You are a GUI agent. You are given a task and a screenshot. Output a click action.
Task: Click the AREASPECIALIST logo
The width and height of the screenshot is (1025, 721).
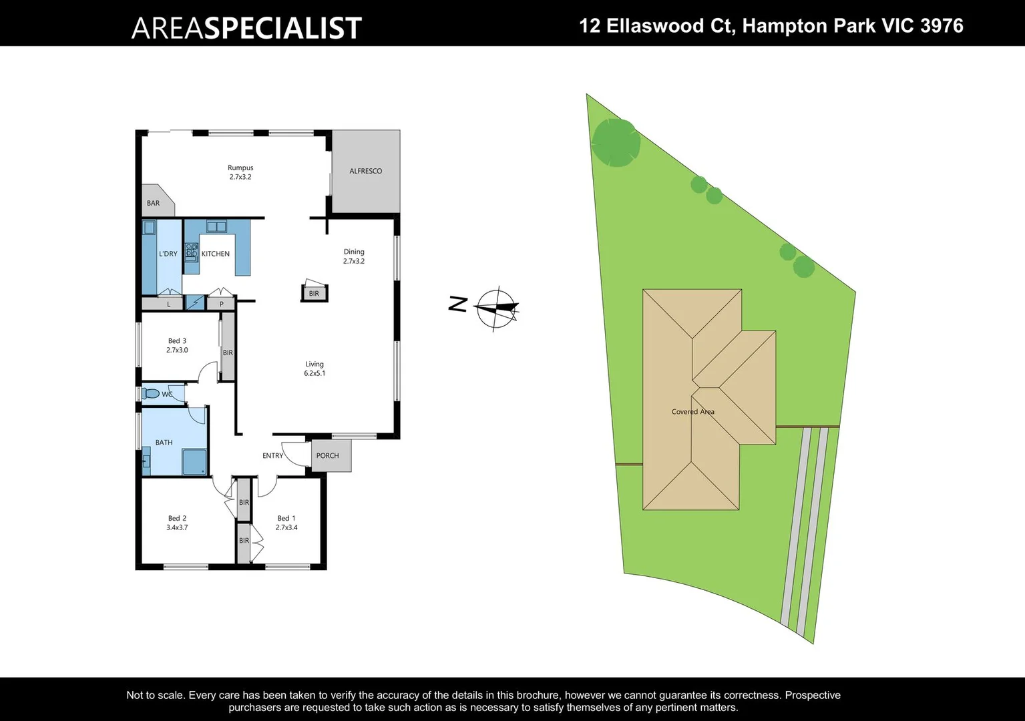click(x=246, y=27)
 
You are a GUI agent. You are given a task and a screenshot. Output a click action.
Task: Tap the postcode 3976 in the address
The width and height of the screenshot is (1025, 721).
click(x=942, y=26)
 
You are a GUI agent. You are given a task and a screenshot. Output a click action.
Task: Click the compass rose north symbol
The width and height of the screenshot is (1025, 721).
click(x=495, y=308)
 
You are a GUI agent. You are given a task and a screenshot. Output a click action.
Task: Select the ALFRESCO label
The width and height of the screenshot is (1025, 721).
click(x=366, y=171)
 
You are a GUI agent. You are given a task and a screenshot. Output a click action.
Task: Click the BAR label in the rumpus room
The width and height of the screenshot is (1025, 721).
click(x=154, y=203)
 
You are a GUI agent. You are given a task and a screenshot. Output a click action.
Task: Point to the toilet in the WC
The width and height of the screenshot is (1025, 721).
click(x=151, y=394)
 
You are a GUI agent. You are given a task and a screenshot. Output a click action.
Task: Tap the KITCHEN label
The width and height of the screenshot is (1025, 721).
click(x=216, y=254)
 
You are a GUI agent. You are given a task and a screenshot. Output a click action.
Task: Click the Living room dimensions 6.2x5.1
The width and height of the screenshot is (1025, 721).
click(x=315, y=374)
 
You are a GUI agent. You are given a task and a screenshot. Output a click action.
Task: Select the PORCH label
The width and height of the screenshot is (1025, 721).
click(x=328, y=456)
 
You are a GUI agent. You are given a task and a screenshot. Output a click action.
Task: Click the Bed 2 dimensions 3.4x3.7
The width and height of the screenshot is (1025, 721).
click(x=177, y=527)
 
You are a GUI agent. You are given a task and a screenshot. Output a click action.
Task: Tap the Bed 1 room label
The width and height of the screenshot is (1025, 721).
click(x=286, y=518)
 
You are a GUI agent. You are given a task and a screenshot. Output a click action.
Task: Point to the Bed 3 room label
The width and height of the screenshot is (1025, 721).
click(x=177, y=340)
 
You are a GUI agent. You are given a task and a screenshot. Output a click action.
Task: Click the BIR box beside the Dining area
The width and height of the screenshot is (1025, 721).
click(x=314, y=294)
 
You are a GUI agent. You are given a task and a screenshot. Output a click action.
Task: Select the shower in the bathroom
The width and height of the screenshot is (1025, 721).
click(x=194, y=462)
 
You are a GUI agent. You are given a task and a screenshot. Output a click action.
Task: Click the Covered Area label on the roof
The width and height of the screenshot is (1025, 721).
click(x=692, y=412)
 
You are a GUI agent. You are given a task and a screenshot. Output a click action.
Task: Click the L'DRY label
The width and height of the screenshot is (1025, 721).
click(x=168, y=254)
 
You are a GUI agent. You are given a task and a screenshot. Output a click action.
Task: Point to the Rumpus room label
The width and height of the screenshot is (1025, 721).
click(x=240, y=168)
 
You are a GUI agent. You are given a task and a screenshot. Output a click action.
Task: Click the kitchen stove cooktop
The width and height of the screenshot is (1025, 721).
click(x=192, y=251)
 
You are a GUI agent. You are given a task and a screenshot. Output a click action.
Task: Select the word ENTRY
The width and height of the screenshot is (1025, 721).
click(x=272, y=456)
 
